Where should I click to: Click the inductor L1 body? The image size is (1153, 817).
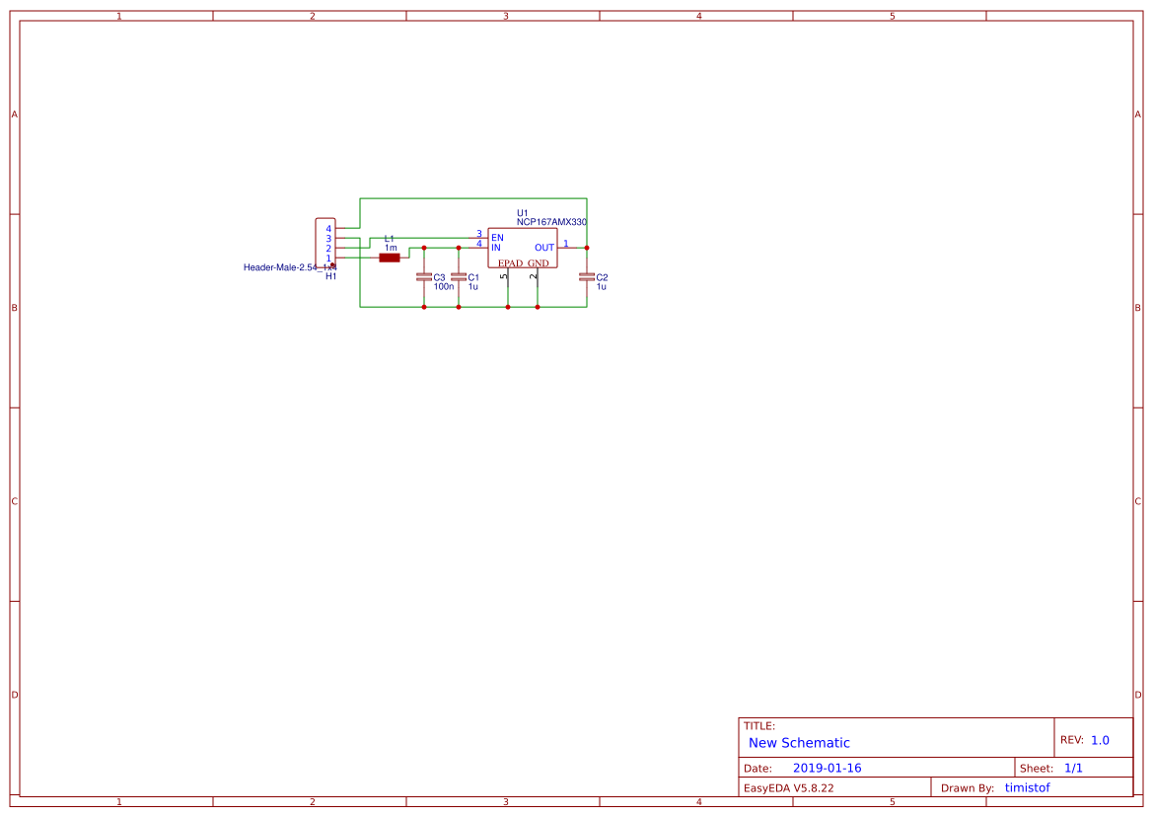click(x=390, y=258)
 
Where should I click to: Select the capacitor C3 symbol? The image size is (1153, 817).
click(x=424, y=278)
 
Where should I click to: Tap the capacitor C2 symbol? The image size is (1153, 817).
click(x=587, y=277)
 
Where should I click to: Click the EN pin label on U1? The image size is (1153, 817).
click(x=497, y=238)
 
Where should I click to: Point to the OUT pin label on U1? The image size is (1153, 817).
click(x=544, y=248)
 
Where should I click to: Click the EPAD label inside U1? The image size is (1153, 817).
click(x=510, y=263)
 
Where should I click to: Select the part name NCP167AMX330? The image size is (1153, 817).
click(x=551, y=223)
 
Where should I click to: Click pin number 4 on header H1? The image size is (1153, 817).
click(x=328, y=229)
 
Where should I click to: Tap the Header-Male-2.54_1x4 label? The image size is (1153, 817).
click(x=289, y=267)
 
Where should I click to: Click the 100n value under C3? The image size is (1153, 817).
click(x=444, y=286)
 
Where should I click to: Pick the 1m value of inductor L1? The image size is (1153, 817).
click(x=391, y=248)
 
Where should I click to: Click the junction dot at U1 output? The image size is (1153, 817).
click(x=587, y=248)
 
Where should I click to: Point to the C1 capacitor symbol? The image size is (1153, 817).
click(x=459, y=278)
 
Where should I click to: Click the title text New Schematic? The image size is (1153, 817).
click(x=799, y=743)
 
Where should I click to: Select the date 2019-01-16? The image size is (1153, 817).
click(x=827, y=769)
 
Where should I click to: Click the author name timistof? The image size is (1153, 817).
click(x=1027, y=787)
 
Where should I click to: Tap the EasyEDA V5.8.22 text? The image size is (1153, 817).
click(x=788, y=788)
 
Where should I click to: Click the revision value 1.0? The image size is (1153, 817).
click(x=1100, y=740)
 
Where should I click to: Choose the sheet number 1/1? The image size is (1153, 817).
click(x=1073, y=768)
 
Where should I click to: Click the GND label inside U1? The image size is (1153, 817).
click(x=538, y=263)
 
